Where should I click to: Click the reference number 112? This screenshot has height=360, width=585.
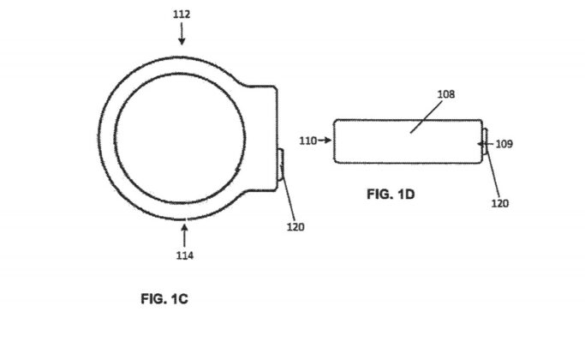tap(182, 15)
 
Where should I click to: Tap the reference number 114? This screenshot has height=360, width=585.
tap(184, 255)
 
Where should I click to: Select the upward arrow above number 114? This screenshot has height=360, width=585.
tap(184, 233)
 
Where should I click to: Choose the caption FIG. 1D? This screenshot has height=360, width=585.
tap(391, 195)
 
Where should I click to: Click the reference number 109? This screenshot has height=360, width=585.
tap(504, 144)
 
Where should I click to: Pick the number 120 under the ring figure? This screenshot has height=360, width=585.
tap(296, 227)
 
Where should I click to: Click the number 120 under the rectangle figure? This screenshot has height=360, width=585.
tap(500, 204)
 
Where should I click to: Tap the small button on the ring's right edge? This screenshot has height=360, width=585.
tap(280, 163)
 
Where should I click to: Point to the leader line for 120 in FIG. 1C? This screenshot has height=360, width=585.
tap(290, 197)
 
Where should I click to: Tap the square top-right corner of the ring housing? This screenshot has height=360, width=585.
tap(274, 87)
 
